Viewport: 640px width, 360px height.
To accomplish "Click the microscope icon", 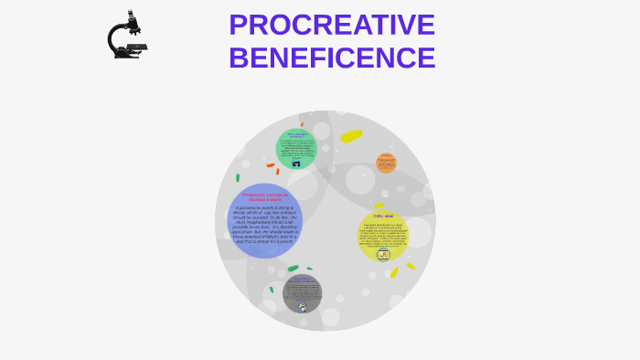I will pyautogui.click(x=127, y=36).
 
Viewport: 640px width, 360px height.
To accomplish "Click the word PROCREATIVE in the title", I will pyautogui.click(x=332, y=25).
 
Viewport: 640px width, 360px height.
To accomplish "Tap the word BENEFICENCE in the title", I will pyautogui.click(x=332, y=58).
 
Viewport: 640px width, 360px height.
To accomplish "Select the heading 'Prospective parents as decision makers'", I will pyautogui.click(x=265, y=196).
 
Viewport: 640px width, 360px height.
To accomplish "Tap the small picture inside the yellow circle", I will pyautogui.click(x=383, y=255).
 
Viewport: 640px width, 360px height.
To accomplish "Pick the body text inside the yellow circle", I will pyautogui.click(x=382, y=236).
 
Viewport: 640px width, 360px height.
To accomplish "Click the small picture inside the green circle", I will pyautogui.click(x=296, y=164).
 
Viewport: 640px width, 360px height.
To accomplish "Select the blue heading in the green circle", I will pyautogui.click(x=296, y=135).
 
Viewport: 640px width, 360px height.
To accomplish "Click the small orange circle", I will pyautogui.click(x=386, y=163).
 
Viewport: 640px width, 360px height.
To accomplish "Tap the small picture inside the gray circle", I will pyautogui.click(x=303, y=306).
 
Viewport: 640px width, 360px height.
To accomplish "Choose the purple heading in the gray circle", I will pyautogui.click(x=303, y=280).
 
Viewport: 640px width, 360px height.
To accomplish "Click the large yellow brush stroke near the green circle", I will pyautogui.click(x=351, y=136).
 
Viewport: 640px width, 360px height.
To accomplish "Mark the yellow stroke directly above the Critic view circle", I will pyautogui.click(x=379, y=206).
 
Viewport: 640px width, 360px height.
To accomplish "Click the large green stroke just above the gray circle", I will pyautogui.click(x=293, y=269).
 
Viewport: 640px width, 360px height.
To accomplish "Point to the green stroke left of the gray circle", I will pyautogui.click(x=272, y=290).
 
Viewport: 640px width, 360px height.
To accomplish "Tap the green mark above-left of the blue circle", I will pyautogui.click(x=238, y=177).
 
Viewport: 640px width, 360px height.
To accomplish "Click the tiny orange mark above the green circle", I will pyautogui.click(x=302, y=124).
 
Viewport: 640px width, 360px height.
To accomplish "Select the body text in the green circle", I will pyautogui.click(x=296, y=150).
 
